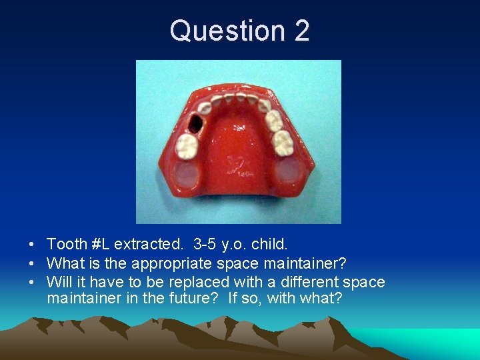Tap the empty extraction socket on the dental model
[196, 123]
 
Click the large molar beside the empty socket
[187, 145]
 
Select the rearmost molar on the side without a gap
[283, 140]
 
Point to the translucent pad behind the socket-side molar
[186, 175]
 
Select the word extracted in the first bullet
[147, 245]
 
